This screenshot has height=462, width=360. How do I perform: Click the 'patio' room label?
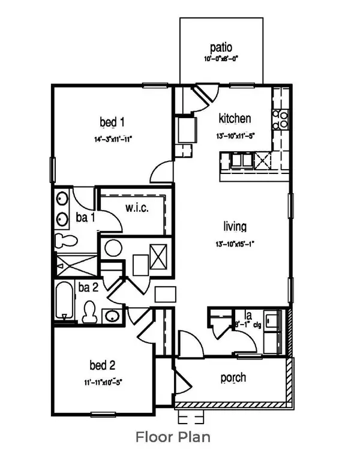click(221, 47)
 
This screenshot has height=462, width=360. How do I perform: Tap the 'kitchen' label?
click(234, 118)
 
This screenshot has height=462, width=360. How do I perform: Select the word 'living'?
click(235, 226)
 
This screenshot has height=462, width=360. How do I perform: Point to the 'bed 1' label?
click(112, 123)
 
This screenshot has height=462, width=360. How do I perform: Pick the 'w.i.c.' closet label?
click(137, 208)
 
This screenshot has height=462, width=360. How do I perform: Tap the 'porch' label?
click(233, 378)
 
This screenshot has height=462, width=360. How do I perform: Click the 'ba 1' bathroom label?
click(85, 218)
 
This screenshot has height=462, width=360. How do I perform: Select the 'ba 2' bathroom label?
click(88, 287)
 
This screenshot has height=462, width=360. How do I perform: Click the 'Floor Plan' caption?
click(173, 436)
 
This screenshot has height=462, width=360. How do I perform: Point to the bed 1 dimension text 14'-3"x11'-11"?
click(112, 139)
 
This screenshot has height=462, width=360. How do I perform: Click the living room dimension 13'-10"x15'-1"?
click(235, 244)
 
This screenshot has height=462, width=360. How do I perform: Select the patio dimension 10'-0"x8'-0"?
click(221, 59)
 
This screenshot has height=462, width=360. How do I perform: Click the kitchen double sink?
click(242, 159)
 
